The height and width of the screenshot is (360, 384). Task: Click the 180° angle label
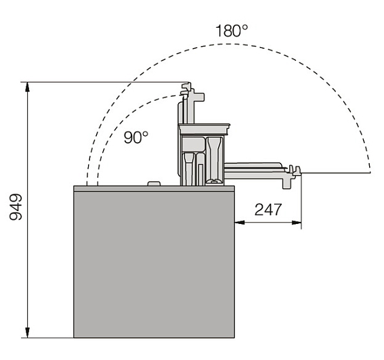point(232,30)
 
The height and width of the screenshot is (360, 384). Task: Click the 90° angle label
point(136,137)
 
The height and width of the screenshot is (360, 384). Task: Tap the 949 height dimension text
point(16,207)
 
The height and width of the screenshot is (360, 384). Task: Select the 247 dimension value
point(268,210)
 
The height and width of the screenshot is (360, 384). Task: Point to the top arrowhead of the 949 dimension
point(28,87)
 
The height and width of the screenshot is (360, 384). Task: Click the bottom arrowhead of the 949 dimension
point(28,333)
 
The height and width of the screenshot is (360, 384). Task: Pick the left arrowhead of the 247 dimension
point(240,222)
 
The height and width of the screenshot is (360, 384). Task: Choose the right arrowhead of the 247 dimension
point(297,222)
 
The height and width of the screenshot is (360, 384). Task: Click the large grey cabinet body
point(154,265)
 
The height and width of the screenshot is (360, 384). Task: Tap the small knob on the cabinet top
point(154,183)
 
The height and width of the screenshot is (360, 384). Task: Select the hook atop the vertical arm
point(186,89)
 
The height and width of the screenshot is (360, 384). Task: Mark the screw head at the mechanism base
point(215,181)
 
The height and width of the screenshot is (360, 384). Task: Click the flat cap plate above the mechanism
point(205,129)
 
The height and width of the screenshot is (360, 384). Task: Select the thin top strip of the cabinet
point(154,188)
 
